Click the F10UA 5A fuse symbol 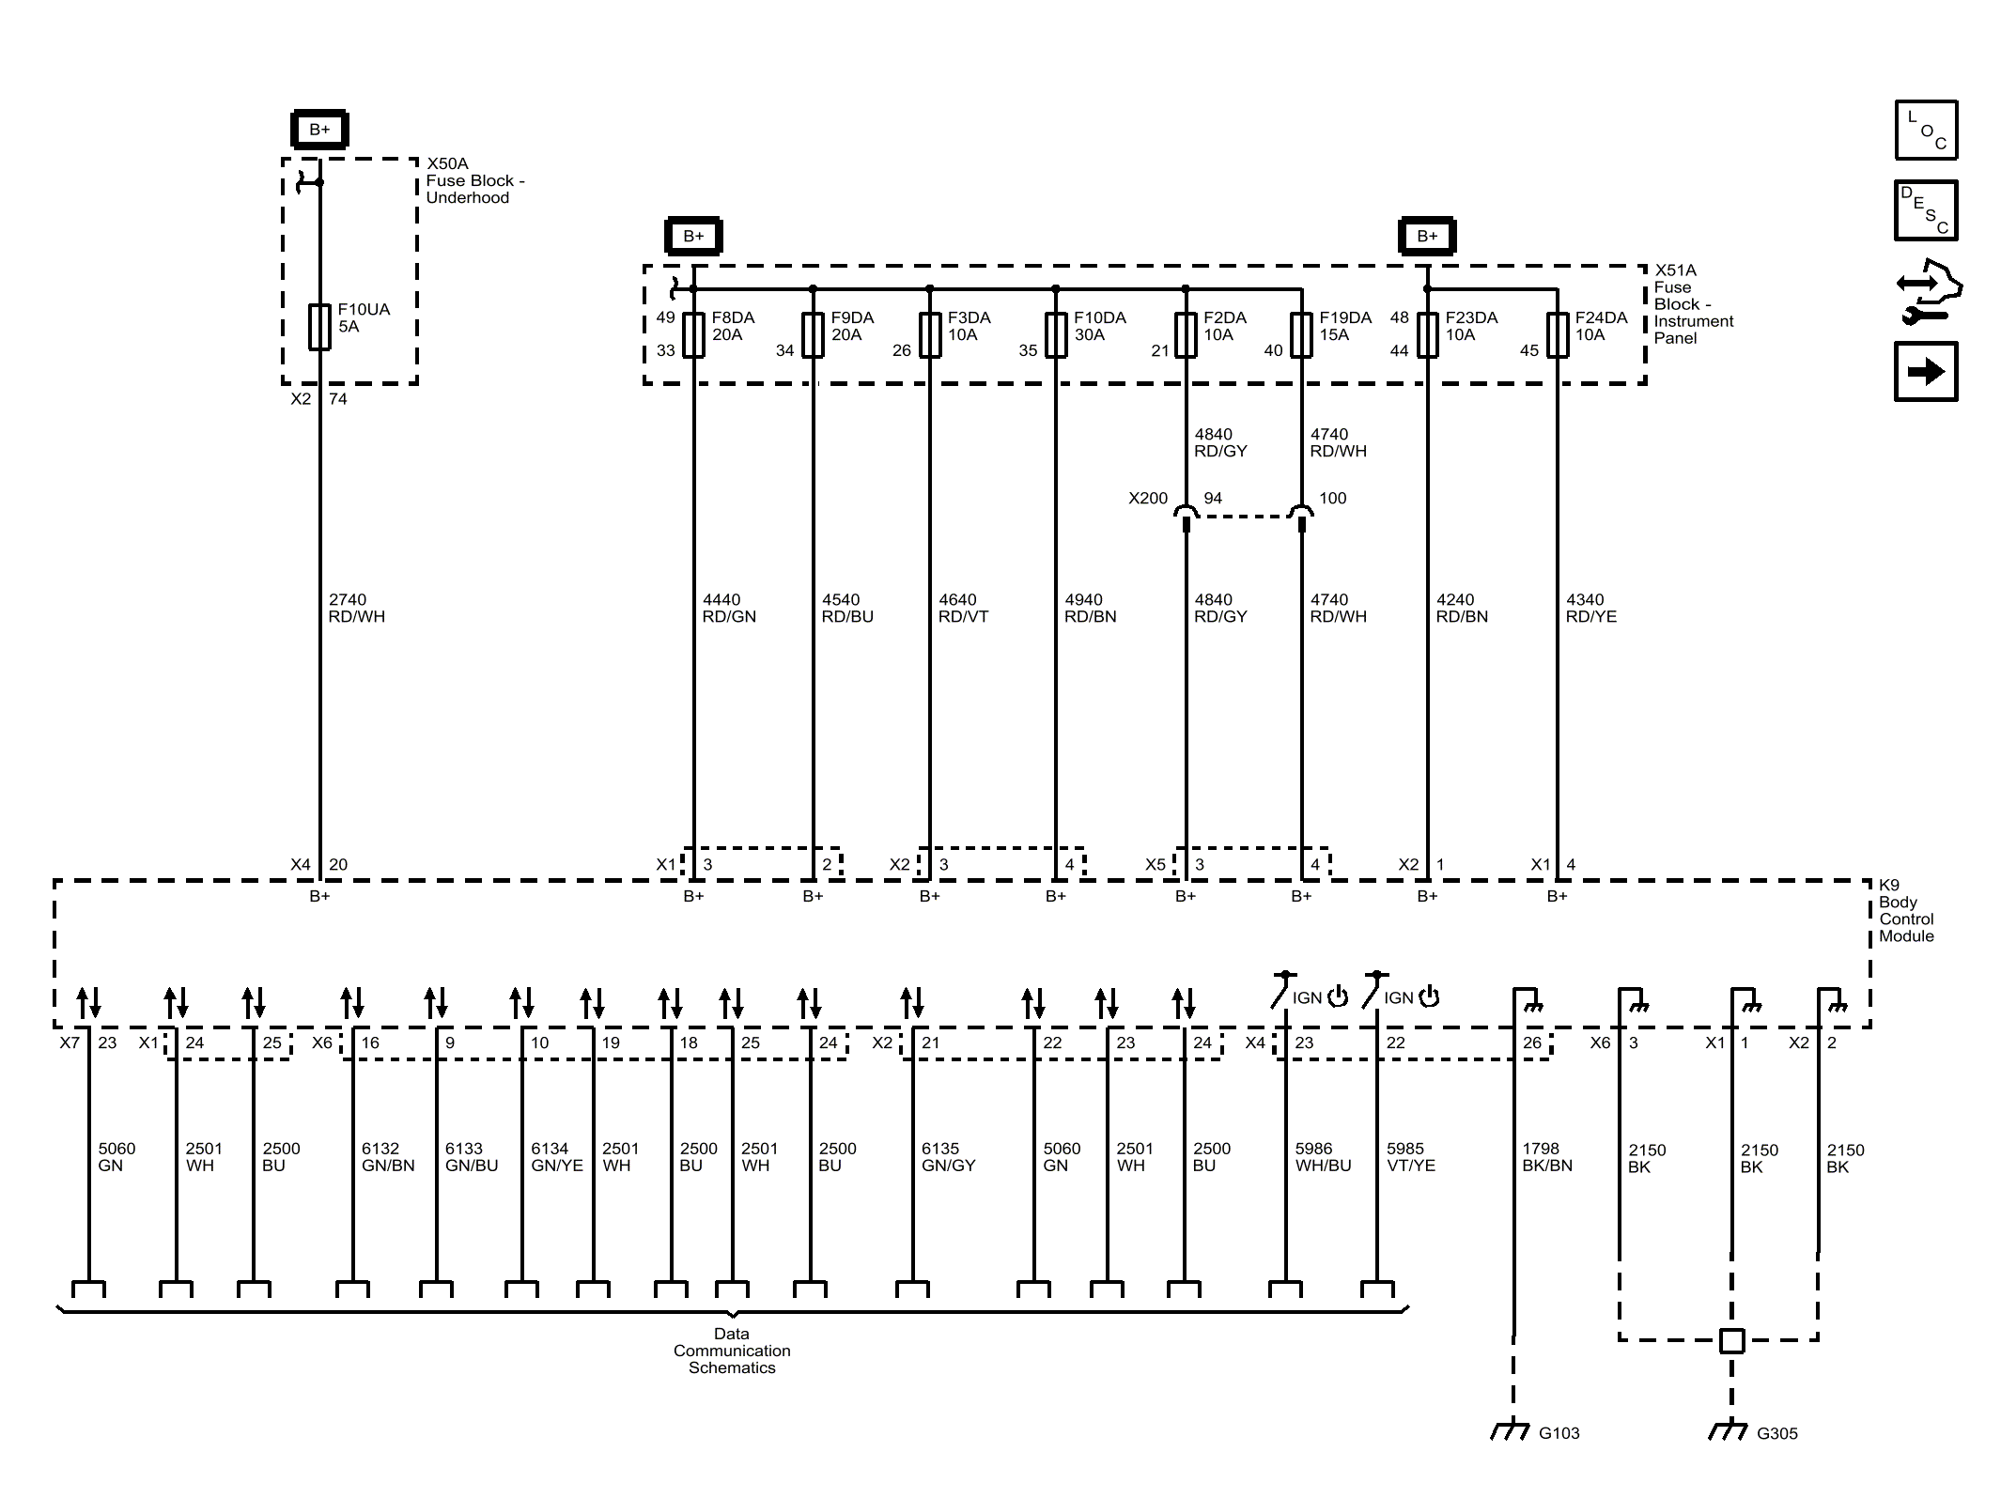pyautogui.click(x=319, y=327)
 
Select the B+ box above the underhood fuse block pyautogui.click(x=319, y=130)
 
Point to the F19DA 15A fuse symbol pyautogui.click(x=1301, y=335)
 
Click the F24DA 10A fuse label pyautogui.click(x=1601, y=326)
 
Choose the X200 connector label pyautogui.click(x=1147, y=499)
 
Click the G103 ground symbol pyautogui.click(x=1512, y=1430)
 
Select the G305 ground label pyautogui.click(x=1776, y=1433)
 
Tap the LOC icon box pyautogui.click(x=1926, y=130)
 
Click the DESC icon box pyautogui.click(x=1926, y=210)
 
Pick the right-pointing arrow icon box pyautogui.click(x=1926, y=372)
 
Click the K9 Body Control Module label pyautogui.click(x=1906, y=910)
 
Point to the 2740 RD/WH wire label pyautogui.click(x=356, y=608)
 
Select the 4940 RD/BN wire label pyautogui.click(x=1090, y=608)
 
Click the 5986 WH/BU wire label pyautogui.click(x=1323, y=1157)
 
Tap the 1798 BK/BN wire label pyautogui.click(x=1546, y=1157)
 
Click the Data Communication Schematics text pyautogui.click(x=732, y=1351)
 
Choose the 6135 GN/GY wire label pyautogui.click(x=948, y=1157)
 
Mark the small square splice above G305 pyautogui.click(x=1731, y=1340)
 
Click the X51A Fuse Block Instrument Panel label pyautogui.click(x=1693, y=303)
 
